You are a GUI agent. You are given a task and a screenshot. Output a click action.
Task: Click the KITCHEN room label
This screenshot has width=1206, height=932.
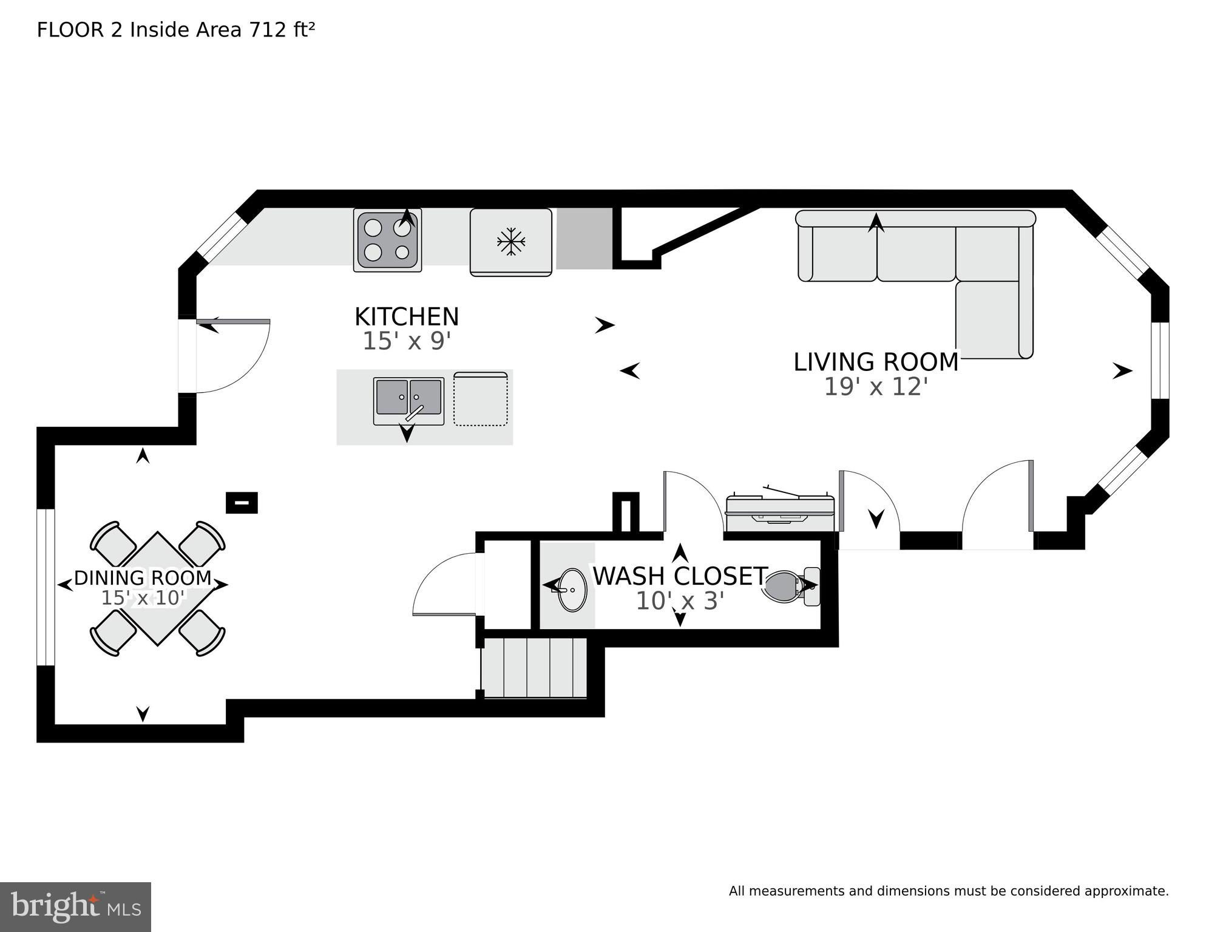tap(407, 317)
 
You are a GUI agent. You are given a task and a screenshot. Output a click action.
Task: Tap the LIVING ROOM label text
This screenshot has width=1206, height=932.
tap(876, 362)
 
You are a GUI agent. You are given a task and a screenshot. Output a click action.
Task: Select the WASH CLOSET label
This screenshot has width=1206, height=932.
tap(680, 576)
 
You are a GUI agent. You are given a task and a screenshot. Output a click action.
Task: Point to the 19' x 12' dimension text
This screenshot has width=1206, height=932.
tap(876, 387)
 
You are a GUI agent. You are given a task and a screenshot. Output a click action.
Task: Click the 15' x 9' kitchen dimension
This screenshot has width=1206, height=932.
tap(407, 341)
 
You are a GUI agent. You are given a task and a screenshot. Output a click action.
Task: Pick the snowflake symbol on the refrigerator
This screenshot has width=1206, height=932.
tap(511, 242)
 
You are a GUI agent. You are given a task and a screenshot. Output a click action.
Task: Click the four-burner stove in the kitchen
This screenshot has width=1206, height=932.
tap(388, 240)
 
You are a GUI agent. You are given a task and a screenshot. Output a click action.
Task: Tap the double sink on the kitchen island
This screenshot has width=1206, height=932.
tap(408, 400)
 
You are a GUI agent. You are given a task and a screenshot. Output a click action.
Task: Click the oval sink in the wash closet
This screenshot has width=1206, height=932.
tap(572, 590)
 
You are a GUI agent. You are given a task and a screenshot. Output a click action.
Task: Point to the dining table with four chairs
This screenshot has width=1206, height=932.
tap(158, 588)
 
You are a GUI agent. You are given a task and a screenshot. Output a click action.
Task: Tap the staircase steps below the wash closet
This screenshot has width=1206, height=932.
tap(534, 668)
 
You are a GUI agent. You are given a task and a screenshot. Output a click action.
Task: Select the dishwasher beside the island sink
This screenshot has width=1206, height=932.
tap(481, 399)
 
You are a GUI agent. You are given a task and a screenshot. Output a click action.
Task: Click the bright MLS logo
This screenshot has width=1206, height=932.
tap(75, 906)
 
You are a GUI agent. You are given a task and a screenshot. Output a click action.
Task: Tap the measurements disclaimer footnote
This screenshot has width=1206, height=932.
tap(949, 891)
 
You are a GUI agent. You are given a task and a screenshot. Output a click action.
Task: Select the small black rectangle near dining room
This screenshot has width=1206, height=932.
tap(242, 503)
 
